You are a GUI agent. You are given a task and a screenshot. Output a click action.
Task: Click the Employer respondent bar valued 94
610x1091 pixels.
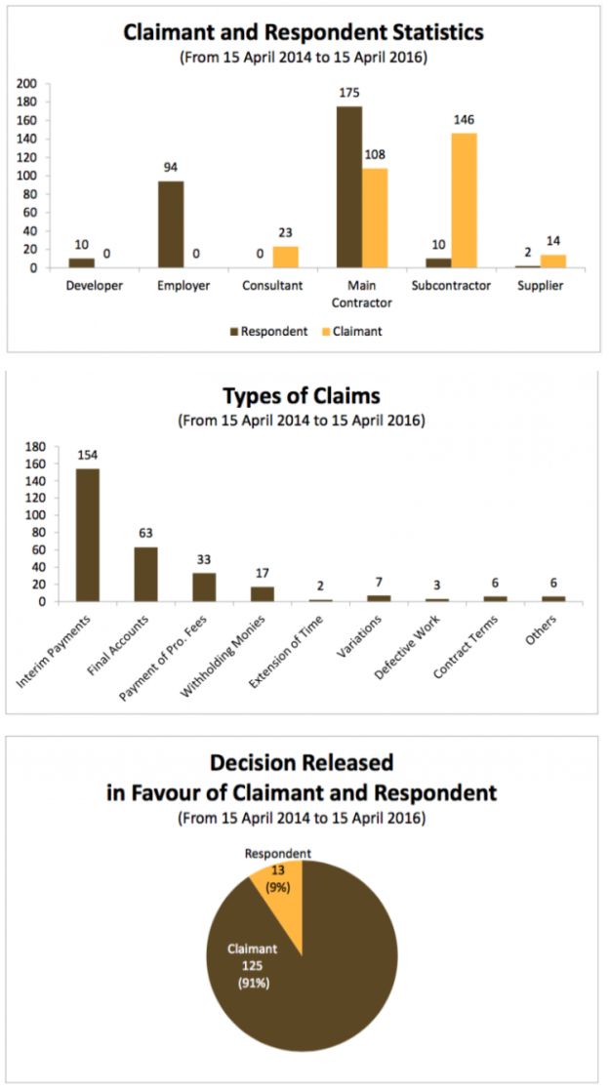click(x=171, y=224)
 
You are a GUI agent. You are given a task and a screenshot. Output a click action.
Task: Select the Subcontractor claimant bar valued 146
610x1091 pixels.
click(x=465, y=200)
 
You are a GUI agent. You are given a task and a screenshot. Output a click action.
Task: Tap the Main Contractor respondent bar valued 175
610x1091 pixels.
click(x=349, y=186)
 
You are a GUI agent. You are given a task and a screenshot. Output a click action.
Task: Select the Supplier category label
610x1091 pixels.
click(x=552, y=287)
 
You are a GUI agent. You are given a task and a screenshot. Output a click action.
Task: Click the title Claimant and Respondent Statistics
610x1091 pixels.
click(x=304, y=32)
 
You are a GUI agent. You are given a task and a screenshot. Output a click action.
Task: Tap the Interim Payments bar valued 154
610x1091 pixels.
click(x=88, y=535)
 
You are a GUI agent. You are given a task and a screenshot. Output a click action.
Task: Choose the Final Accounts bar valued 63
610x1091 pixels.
click(x=145, y=574)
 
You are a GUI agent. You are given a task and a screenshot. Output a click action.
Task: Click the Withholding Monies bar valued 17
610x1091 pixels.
click(x=262, y=593)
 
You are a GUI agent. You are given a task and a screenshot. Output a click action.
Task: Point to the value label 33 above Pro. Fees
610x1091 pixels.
click(x=204, y=560)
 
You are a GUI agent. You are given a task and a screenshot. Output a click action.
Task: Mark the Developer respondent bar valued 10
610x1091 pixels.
click(x=81, y=263)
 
